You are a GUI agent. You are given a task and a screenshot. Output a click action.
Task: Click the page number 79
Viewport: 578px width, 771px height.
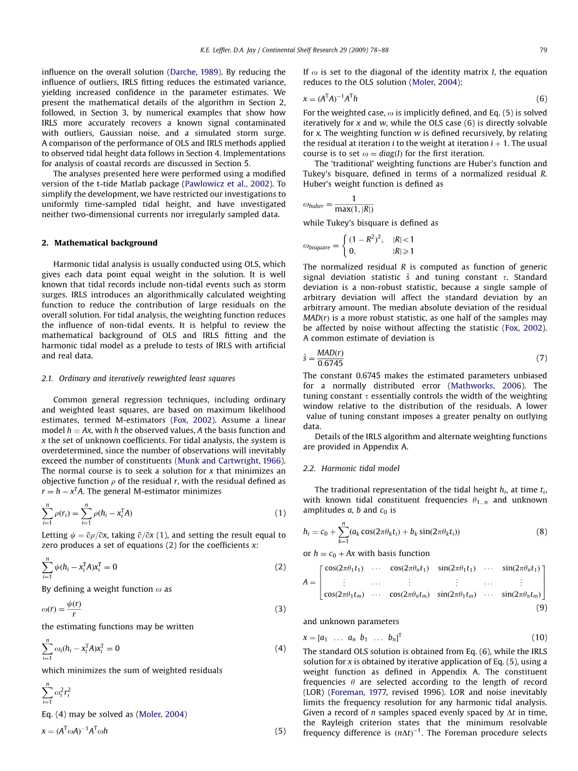pyautogui.click(x=543, y=50)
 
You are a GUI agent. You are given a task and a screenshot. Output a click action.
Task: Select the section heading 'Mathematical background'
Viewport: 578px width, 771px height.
pyautogui.click(x=106, y=242)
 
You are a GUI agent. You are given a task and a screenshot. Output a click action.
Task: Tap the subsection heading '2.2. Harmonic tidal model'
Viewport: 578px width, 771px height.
pyautogui.click(x=351, y=468)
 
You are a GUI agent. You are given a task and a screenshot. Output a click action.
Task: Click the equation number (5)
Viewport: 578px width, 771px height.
pyautogui.click(x=280, y=730)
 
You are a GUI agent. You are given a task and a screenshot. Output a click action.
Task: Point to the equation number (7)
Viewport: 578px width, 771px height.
pyautogui.click(x=541, y=358)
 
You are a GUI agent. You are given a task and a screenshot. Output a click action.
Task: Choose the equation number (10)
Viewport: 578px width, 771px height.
pyautogui.click(x=539, y=637)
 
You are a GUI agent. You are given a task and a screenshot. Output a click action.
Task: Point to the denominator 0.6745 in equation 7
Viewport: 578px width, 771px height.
pyautogui.click(x=330, y=363)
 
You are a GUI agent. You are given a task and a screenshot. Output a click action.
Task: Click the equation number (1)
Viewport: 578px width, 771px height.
pyautogui.click(x=280, y=513)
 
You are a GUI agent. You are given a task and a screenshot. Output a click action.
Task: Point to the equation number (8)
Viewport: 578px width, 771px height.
pyautogui.click(x=541, y=532)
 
